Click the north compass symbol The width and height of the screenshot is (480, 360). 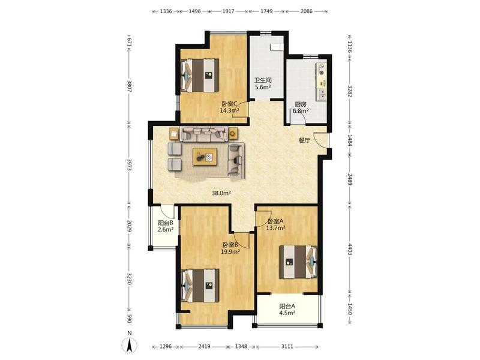(130, 346)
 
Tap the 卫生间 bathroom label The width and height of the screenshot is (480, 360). (263, 80)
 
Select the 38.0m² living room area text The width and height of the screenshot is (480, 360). (221, 193)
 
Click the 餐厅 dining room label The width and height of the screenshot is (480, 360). (304, 141)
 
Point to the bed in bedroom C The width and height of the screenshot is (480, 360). (200, 76)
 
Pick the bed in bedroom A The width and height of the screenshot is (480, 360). (298, 262)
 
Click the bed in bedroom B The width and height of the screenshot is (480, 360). (200, 286)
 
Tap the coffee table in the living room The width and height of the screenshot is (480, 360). (205, 157)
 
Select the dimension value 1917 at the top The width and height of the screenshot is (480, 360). (228, 11)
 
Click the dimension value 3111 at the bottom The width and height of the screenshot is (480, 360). (287, 347)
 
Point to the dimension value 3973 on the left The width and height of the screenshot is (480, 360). (130, 164)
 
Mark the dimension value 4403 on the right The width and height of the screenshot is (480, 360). (350, 249)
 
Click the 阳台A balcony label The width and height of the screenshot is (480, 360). (287, 306)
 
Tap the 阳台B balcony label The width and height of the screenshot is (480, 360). (166, 223)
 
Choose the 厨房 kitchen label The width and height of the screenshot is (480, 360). (301, 104)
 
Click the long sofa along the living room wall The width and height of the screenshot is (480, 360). (203, 134)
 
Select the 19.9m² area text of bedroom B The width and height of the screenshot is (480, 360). (230, 251)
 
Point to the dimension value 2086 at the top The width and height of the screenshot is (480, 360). (307, 11)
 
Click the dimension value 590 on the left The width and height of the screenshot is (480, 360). (130, 319)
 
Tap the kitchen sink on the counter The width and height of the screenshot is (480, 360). (322, 94)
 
